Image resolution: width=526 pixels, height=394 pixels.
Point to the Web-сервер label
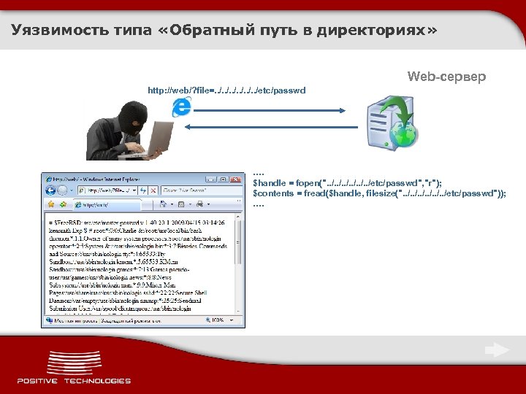pyautogui.click(x=446, y=77)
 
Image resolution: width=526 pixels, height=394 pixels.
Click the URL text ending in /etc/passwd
pyautogui.click(x=226, y=90)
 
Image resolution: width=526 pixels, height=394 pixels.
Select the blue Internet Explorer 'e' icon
pyautogui.click(x=181, y=108)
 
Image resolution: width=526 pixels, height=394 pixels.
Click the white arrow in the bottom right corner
pyautogui.click(x=498, y=351)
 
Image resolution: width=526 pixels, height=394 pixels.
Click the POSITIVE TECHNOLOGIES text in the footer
pyautogui.click(x=74, y=380)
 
